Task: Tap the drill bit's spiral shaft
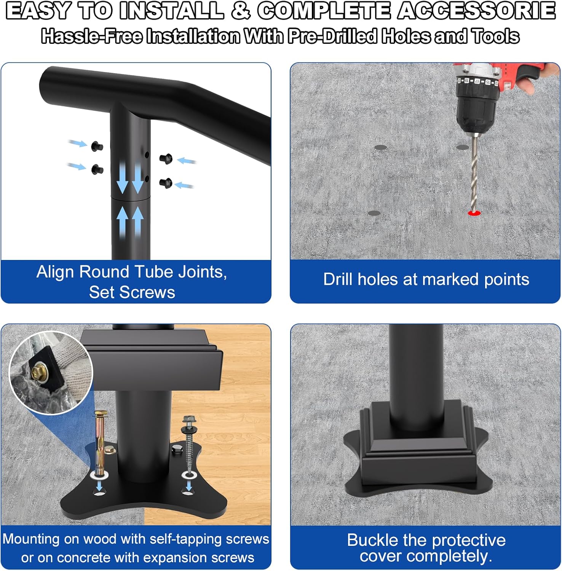(474, 174)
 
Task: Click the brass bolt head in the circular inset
(38, 370)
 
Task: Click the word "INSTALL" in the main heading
(171, 11)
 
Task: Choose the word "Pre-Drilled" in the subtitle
(332, 36)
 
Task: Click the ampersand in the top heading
(241, 11)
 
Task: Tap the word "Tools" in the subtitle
(496, 36)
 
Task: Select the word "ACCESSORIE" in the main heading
(476, 11)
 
